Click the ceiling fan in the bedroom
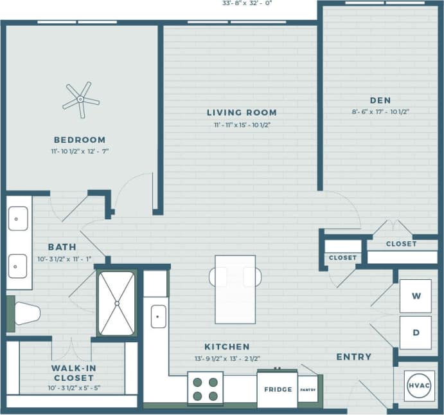tap(80, 100)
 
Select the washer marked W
tap(416, 296)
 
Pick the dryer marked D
tap(416, 332)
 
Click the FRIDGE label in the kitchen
tap(277, 389)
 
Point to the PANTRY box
tap(307, 389)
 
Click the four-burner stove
tap(205, 388)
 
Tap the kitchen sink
tap(158, 316)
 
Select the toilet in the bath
tap(26, 313)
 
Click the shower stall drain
tap(117, 302)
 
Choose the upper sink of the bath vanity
tap(18, 218)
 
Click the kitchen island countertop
tap(235, 290)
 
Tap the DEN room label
tap(380, 100)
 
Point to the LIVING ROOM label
tap(242, 113)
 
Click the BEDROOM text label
tap(80, 140)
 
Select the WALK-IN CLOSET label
tap(73, 373)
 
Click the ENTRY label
tap(353, 356)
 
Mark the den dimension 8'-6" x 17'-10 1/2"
tap(380, 111)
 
